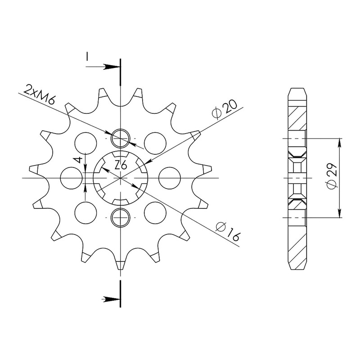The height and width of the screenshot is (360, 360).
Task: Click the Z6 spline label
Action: [121, 165]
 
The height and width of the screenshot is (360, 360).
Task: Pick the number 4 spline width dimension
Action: [79, 160]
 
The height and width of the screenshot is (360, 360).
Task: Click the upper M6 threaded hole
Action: [121, 139]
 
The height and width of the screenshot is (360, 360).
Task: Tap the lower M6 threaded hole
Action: [121, 217]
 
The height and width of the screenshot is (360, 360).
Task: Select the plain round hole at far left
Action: [71, 178]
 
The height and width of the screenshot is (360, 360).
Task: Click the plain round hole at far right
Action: [170, 178]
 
